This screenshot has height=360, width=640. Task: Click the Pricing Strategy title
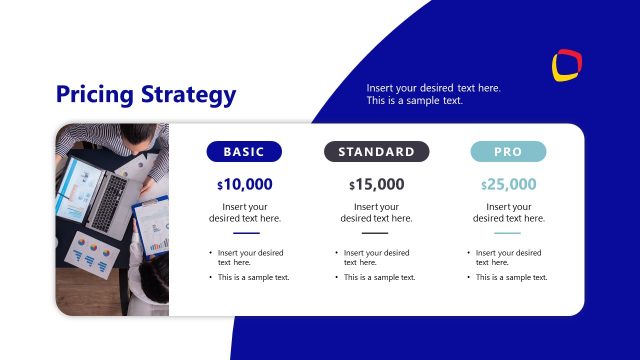click(x=146, y=95)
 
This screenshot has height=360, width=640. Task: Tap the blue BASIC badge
click(x=244, y=152)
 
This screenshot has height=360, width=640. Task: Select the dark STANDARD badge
click(x=376, y=152)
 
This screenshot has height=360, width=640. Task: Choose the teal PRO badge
click(x=508, y=152)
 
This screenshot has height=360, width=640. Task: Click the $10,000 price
click(x=244, y=184)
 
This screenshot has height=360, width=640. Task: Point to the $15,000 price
click(x=376, y=184)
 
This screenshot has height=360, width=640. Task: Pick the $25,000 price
click(x=508, y=184)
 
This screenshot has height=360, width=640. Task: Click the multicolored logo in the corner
click(x=567, y=65)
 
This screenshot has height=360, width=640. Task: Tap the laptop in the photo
click(x=101, y=194)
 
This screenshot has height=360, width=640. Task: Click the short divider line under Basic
click(x=244, y=233)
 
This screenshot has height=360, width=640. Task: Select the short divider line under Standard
click(x=376, y=233)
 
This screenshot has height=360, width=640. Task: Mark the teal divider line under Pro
click(x=508, y=233)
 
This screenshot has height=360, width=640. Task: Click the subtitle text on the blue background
click(x=433, y=94)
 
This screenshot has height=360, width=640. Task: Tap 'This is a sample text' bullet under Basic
click(x=253, y=277)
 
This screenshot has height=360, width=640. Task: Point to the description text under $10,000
click(x=244, y=212)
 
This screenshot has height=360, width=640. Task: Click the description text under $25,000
click(x=508, y=212)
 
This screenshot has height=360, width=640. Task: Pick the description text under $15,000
click(x=376, y=212)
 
